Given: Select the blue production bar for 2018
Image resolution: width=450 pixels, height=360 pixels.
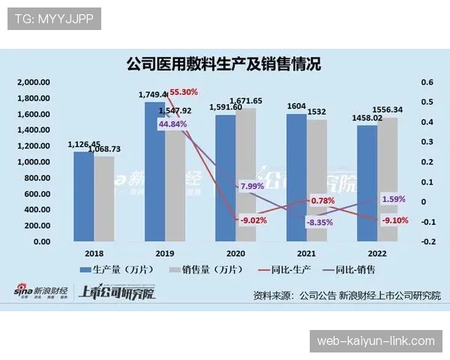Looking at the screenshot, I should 83,196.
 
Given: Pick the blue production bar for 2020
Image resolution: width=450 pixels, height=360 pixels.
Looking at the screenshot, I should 226,178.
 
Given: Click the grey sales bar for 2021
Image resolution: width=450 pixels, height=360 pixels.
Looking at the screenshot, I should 316,180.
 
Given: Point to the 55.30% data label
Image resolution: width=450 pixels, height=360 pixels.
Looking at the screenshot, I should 183,92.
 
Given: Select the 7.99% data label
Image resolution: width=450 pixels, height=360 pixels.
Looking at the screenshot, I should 250,186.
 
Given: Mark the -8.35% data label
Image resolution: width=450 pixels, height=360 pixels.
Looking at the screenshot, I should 320,223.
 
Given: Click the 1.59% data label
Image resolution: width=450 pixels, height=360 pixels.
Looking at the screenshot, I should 394,199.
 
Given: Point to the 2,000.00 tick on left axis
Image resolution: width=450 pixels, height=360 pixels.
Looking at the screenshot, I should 33,82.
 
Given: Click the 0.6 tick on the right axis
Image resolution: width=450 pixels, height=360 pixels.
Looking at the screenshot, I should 427,82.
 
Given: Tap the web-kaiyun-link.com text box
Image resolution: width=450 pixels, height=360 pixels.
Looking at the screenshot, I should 376,341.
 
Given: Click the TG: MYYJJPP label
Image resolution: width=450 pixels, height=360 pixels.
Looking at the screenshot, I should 54,19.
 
